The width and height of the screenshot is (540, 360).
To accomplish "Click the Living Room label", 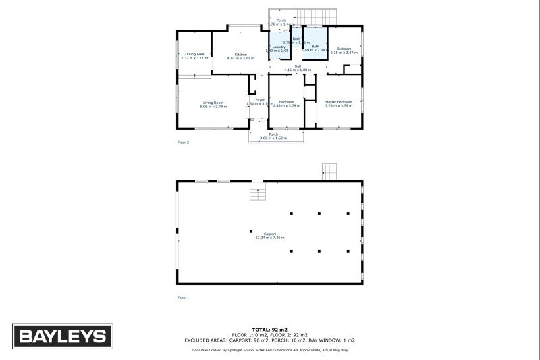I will click(213, 102).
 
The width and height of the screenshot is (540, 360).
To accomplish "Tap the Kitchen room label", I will click(241, 54).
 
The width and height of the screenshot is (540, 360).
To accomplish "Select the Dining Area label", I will click(195, 54).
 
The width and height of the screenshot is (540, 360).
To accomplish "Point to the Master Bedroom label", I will click(339, 102).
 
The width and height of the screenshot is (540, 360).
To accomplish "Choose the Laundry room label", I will click(279, 47).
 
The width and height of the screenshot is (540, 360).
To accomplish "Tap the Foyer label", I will click(259, 99).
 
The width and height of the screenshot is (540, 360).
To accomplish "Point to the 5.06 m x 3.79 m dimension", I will click(213, 106).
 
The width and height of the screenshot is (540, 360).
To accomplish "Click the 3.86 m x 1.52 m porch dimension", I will click(273, 138).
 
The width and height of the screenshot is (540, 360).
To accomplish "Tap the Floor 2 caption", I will click(183, 143).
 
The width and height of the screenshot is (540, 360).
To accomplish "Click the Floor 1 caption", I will click(183, 297).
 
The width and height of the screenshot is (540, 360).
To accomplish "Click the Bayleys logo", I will click(61, 336).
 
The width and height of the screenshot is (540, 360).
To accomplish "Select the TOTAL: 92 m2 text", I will click(270, 329).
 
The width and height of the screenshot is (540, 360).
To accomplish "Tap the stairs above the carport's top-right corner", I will click(329, 172).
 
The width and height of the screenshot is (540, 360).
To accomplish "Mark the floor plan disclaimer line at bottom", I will click(270, 350).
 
